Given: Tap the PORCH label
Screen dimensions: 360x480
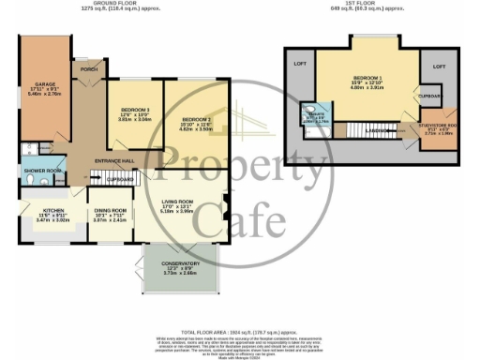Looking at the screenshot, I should (90, 69).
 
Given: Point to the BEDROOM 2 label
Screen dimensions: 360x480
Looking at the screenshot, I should (196, 119).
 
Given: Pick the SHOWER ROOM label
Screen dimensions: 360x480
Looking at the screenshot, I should (41, 170).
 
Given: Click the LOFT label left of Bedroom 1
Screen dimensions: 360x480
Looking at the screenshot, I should (301, 63).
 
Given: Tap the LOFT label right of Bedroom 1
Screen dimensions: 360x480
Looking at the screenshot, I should (439, 68).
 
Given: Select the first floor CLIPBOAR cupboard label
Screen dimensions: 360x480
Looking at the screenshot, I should (429, 96).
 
